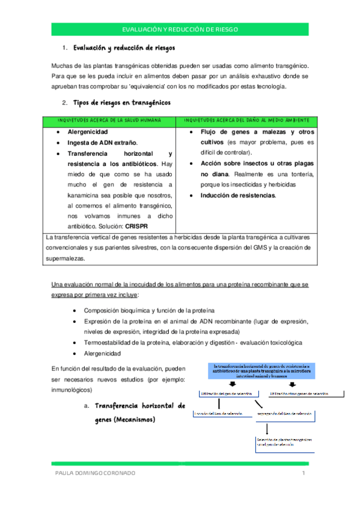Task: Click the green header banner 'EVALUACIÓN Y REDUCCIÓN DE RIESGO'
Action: pyautogui.click(x=180, y=29)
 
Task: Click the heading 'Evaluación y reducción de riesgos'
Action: pyautogui.click(x=124, y=48)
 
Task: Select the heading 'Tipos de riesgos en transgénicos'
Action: pyautogui.click(x=122, y=103)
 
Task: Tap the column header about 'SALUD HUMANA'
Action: pyautogui.click(x=109, y=120)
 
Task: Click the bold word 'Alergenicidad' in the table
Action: pyautogui.click(x=88, y=132)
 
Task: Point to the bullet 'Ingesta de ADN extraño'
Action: pyautogui.click(x=102, y=143)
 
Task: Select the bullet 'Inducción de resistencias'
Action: pyautogui.click(x=239, y=195)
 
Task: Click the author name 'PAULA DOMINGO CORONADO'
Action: pyautogui.click(x=91, y=473)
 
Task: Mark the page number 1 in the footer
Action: pyautogui.click(x=304, y=473)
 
